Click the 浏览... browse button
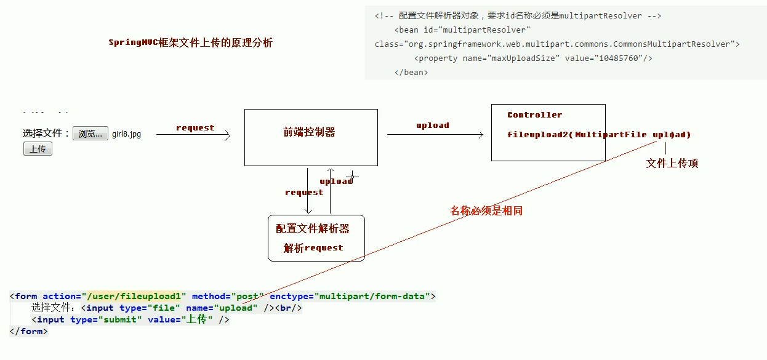click(90, 133)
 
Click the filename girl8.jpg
click(126, 134)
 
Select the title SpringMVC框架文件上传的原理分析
click(190, 42)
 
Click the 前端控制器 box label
click(309, 132)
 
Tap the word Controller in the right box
click(534, 115)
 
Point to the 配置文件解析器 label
click(312, 228)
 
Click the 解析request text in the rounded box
click(313, 248)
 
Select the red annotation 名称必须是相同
click(486, 210)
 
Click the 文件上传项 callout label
click(672, 163)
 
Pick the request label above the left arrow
click(195, 128)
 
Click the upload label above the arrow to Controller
click(433, 126)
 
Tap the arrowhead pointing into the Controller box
click(481, 135)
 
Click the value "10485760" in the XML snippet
click(619, 58)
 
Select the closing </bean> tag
click(411, 73)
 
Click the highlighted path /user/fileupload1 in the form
click(134, 296)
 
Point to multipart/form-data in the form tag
click(372, 296)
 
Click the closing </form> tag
click(28, 331)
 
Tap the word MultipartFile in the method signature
click(611, 135)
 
